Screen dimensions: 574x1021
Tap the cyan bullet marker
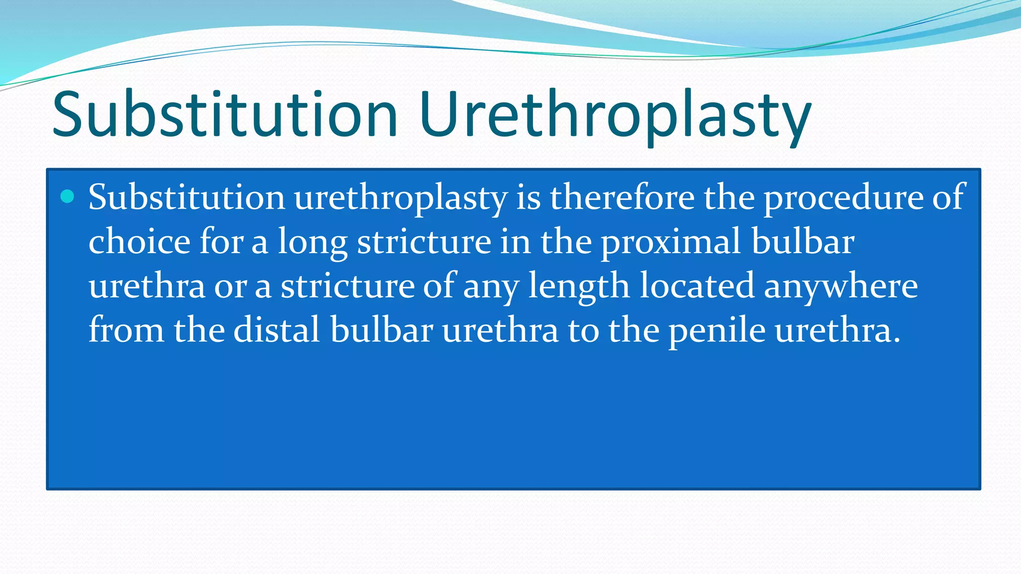click(x=67, y=196)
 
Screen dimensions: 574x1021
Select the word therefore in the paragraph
click(x=622, y=197)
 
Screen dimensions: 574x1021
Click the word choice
click(x=139, y=241)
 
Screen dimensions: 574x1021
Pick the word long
click(x=312, y=242)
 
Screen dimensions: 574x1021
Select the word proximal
click(x=671, y=242)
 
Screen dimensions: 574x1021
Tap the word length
click(x=579, y=287)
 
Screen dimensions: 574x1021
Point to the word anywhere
click(x=841, y=287)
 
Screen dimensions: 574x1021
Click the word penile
click(x=717, y=331)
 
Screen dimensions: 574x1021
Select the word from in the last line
click(x=126, y=330)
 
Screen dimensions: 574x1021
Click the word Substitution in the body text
click(x=186, y=197)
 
